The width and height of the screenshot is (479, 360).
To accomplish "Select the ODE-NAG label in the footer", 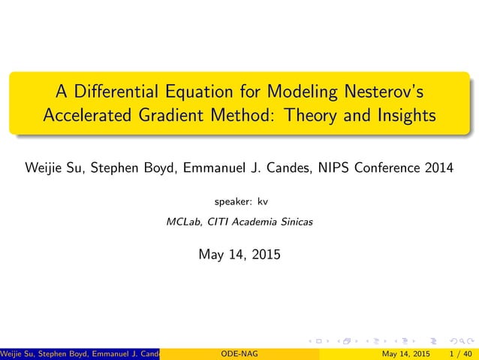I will click(x=239, y=354).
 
